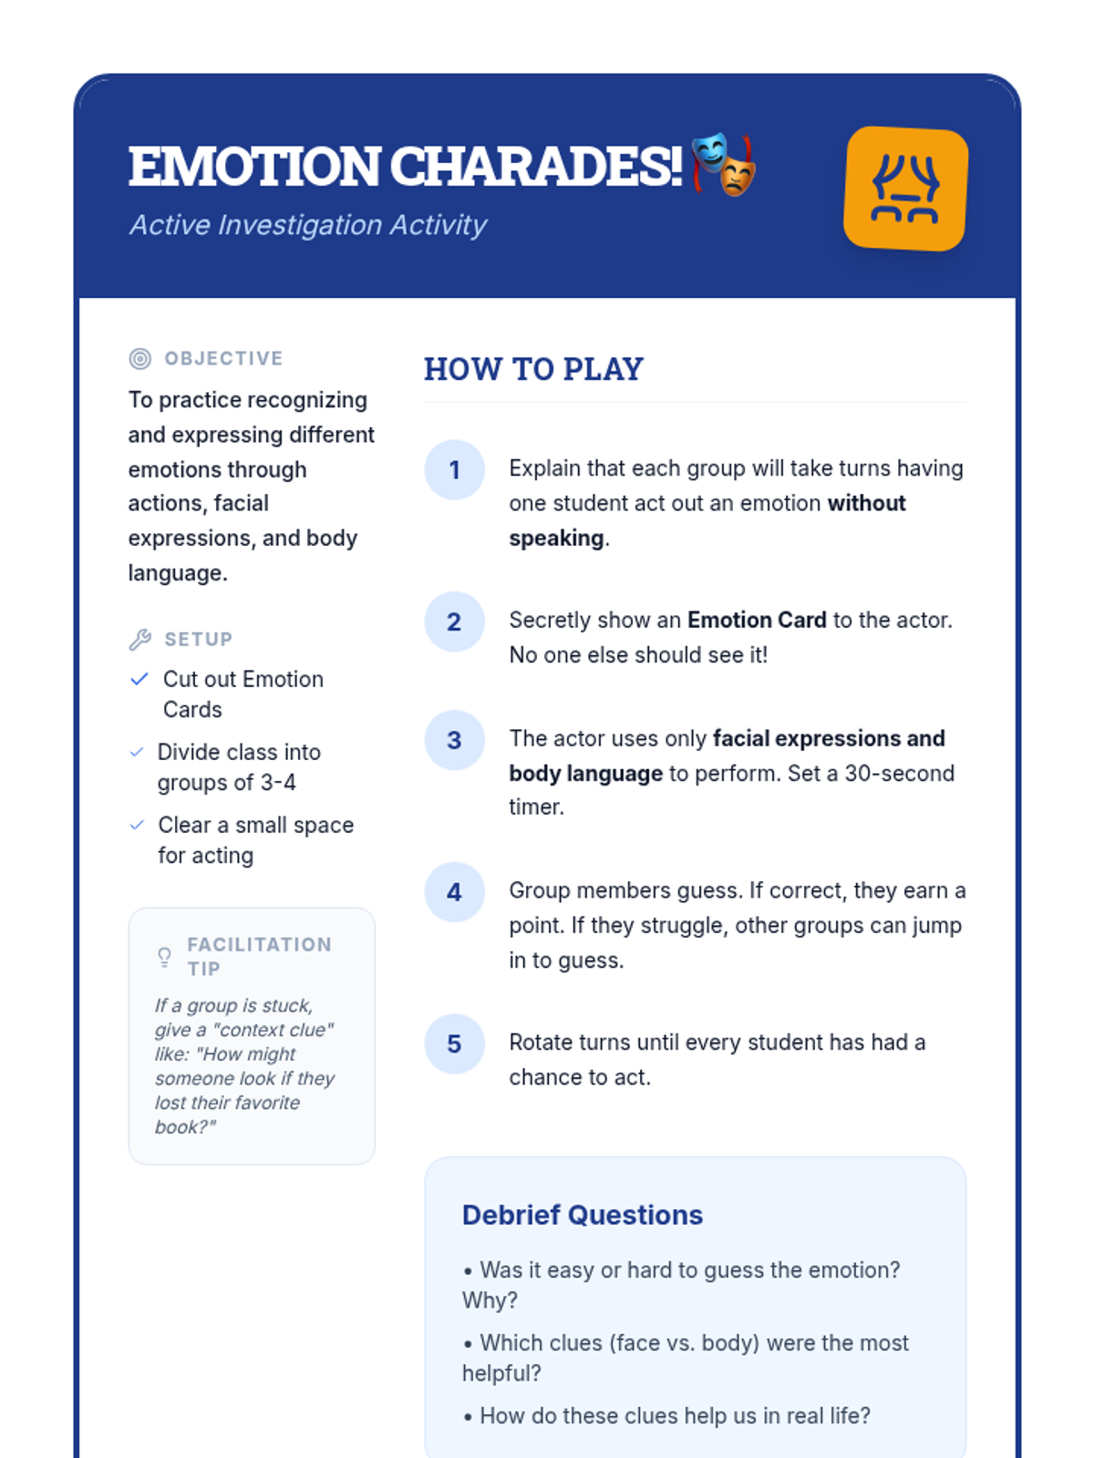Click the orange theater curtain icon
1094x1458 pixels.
click(x=905, y=189)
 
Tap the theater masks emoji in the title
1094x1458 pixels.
click(x=723, y=165)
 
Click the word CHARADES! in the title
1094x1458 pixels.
click(x=536, y=167)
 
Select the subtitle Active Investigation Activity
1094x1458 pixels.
click(x=308, y=225)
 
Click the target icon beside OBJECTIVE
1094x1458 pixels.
click(x=139, y=359)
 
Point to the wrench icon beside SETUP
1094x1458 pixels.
click(x=139, y=640)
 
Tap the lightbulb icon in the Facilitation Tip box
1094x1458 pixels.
click(x=164, y=957)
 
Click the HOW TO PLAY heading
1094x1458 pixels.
click(x=533, y=369)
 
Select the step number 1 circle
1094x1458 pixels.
click(x=454, y=470)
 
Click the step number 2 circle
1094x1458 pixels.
click(x=454, y=622)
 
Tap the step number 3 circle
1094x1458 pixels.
click(x=454, y=740)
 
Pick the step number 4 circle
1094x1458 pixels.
click(x=454, y=892)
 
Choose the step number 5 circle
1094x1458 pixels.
click(x=454, y=1044)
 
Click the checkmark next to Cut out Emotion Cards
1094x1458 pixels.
click(x=139, y=679)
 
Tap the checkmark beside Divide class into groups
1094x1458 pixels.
click(x=137, y=752)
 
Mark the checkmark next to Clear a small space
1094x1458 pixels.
click(x=137, y=825)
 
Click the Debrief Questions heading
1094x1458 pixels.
click(x=582, y=1215)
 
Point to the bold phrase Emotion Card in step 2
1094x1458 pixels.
click(x=757, y=621)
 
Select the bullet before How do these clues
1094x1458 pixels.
click(x=468, y=1417)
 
